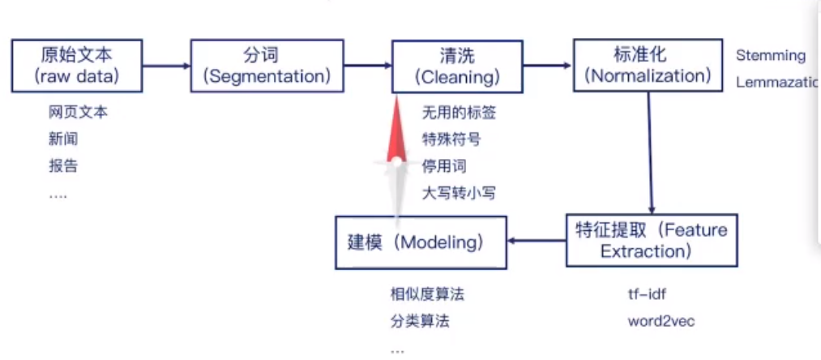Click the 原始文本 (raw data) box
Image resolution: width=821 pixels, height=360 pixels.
coord(77,66)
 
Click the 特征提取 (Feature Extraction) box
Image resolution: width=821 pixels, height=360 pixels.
coord(652,240)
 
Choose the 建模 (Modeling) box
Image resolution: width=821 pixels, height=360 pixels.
coord(421,242)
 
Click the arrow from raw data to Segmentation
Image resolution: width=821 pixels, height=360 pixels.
coord(166,66)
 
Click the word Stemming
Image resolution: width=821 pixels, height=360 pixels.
coord(770,56)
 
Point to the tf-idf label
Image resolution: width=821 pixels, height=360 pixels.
coord(647,294)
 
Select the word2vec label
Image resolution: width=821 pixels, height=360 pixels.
coord(661,321)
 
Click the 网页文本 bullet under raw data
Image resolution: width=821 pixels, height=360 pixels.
coord(78,113)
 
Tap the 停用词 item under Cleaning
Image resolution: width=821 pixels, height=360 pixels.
coord(445,166)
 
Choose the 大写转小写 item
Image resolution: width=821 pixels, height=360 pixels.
coord(459,193)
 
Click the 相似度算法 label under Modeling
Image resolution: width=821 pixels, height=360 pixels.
coord(427,294)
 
